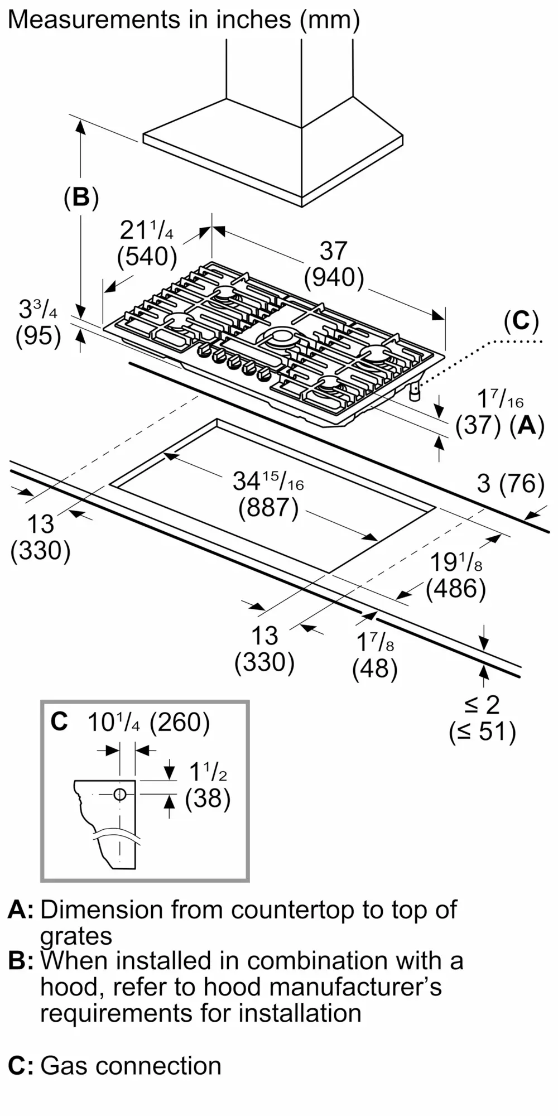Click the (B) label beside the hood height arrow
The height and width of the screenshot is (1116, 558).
[x=81, y=197]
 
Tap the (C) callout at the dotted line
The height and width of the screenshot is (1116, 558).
[x=521, y=321]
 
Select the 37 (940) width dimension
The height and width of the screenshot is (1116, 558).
[x=334, y=264]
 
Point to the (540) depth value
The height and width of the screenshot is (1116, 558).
[x=147, y=257]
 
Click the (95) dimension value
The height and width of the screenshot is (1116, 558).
[x=38, y=336]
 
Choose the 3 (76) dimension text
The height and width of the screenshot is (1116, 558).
[x=510, y=483]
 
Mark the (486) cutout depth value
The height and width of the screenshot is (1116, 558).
[x=455, y=589]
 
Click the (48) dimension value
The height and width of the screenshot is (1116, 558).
[x=374, y=668]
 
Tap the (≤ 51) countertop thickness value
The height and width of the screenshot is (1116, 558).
[x=482, y=732]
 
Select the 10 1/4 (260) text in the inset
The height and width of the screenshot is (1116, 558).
[x=148, y=723]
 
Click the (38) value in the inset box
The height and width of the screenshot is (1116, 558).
[x=208, y=798]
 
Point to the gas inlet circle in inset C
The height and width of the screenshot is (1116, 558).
[x=120, y=795]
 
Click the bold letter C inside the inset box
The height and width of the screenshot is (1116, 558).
[x=59, y=722]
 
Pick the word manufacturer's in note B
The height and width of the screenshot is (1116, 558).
[x=355, y=987]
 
